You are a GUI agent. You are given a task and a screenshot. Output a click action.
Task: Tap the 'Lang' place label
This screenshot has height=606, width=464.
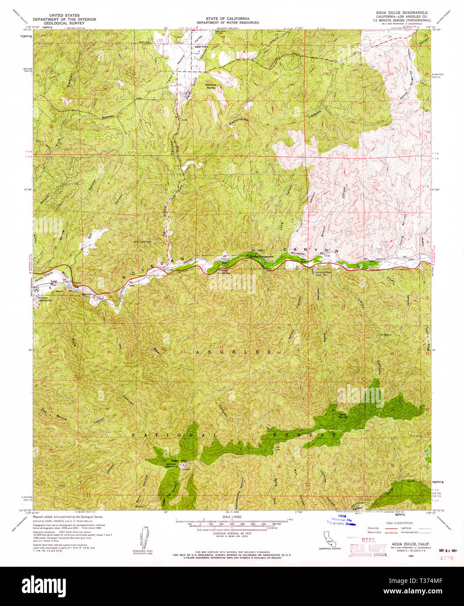[54, 281]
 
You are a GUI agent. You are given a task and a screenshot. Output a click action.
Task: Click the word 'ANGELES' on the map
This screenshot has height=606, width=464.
[233, 352]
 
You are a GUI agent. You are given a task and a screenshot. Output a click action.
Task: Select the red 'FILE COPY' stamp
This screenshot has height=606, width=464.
[369, 548]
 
